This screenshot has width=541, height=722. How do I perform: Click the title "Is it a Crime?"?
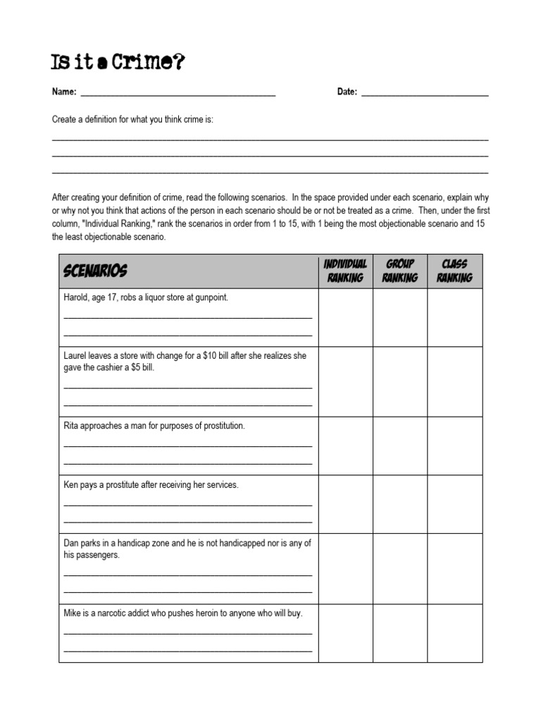coord(118,63)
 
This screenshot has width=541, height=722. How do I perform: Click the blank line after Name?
coord(178,93)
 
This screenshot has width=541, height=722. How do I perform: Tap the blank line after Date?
coord(425,93)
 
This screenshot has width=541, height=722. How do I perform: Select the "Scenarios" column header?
coord(95,271)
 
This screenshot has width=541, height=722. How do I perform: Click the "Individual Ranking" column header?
coord(345,271)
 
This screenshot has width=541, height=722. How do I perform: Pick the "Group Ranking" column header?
coord(400,271)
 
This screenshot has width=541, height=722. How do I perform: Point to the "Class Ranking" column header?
coord(454,271)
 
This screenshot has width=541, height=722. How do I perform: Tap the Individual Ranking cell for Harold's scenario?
coord(345,317)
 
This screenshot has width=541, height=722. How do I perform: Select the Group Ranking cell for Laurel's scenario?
coord(400,381)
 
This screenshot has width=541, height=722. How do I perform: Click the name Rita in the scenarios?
coord(72,426)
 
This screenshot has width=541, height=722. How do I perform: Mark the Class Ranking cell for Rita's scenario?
coord(454,446)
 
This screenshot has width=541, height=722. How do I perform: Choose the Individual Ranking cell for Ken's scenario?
coord(345,504)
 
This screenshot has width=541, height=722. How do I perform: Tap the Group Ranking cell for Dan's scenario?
coord(400,569)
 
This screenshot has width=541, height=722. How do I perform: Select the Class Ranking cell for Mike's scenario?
coord(454,633)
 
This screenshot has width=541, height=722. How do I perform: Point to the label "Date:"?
coord(347,92)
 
